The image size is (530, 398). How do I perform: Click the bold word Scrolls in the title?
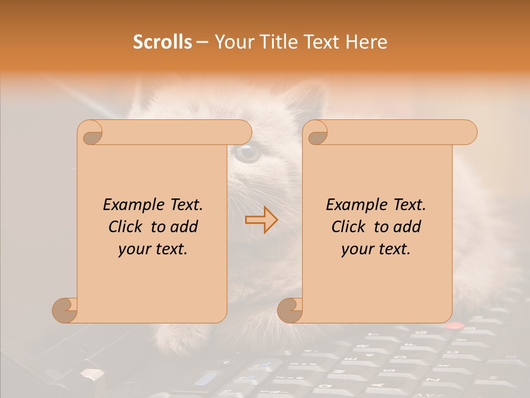tap(162, 42)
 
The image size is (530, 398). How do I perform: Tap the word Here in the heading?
tap(367, 42)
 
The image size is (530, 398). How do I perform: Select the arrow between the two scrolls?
tap(261, 220)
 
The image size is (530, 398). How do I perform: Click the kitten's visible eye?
tap(246, 153)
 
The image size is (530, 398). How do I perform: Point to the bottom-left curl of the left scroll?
tap(65, 310)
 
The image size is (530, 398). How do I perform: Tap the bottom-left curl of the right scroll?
tap(290, 310)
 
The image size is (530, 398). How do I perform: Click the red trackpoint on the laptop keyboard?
tap(454, 326)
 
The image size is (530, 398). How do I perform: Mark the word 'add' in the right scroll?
tap(407, 227)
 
